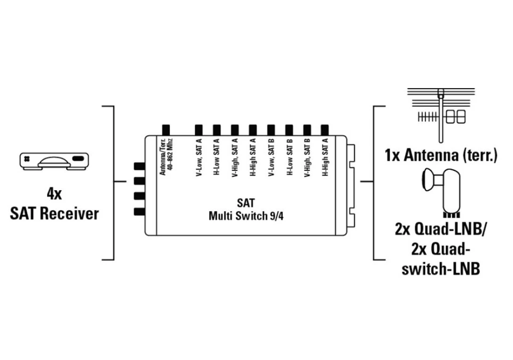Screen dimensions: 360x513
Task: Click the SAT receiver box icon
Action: [55, 161]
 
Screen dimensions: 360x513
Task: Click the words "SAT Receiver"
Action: [55, 214]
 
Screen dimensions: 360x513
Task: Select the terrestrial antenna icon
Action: [440, 115]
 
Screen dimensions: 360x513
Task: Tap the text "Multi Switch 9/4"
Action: [246, 216]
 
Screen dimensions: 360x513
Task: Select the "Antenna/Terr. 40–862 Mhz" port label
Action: [166, 157]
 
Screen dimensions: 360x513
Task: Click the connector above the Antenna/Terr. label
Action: [166, 130]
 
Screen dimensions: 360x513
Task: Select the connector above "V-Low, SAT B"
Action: [271, 130]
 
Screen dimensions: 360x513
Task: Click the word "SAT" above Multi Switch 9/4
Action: [246, 204]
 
